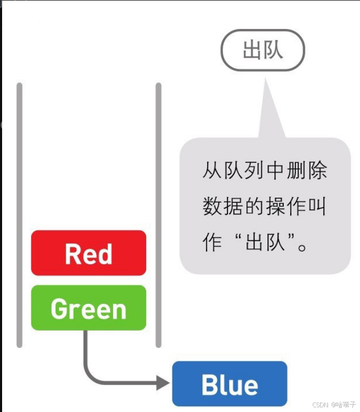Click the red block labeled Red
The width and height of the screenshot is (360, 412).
point(88,253)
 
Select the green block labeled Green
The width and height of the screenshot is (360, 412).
point(88,308)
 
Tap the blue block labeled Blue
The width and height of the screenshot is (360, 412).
point(230,384)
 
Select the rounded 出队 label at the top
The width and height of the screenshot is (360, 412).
point(263,50)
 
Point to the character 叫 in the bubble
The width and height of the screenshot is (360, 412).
point(317,207)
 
